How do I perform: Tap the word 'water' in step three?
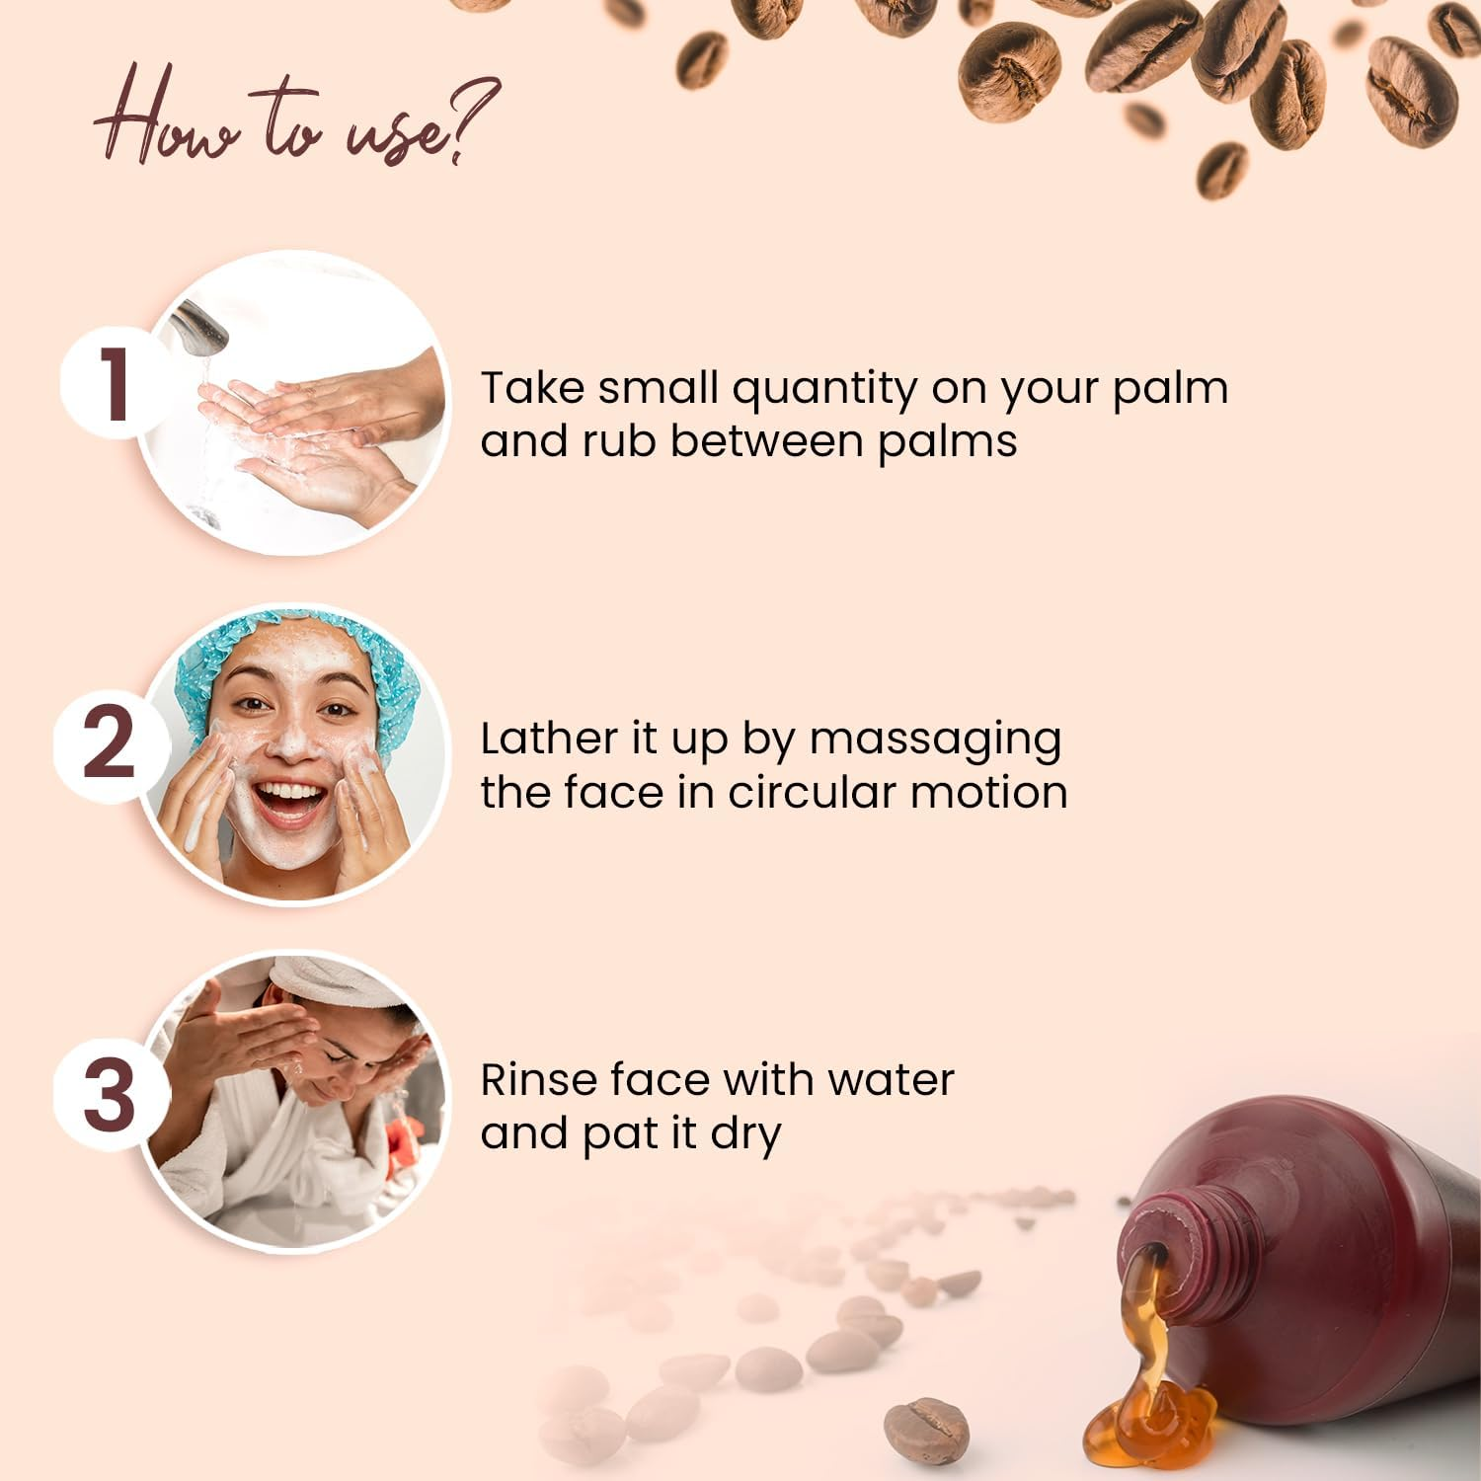pyautogui.click(x=891, y=1080)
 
